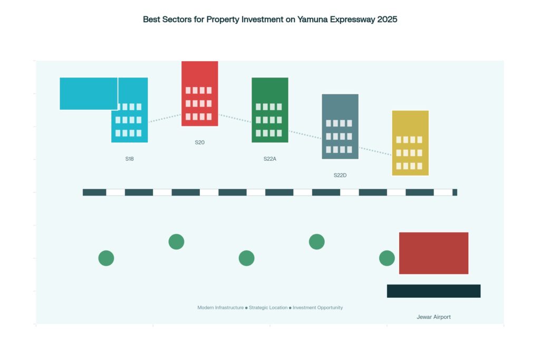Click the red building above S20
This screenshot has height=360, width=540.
tap(199, 93)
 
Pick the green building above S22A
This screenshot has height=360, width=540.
tap(269, 110)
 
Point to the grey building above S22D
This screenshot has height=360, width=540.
tap(340, 126)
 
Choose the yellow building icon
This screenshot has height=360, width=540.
tap(410, 143)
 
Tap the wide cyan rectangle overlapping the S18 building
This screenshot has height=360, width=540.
tap(89, 93)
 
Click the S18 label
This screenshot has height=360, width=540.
tap(129, 159)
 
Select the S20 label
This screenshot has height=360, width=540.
tap(199, 142)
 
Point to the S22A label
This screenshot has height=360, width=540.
tap(269, 159)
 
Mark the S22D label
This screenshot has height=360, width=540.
tap(340, 175)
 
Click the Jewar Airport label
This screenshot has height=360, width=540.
tap(433, 317)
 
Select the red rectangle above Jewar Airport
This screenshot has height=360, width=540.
tap(433, 253)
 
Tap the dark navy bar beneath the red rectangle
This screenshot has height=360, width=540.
tap(433, 291)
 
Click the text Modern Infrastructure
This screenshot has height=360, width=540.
tap(220, 307)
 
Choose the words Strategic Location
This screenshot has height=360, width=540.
tap(268, 307)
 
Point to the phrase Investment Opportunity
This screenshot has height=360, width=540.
tap(317, 307)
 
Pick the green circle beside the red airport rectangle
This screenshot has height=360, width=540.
tap(387, 258)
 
